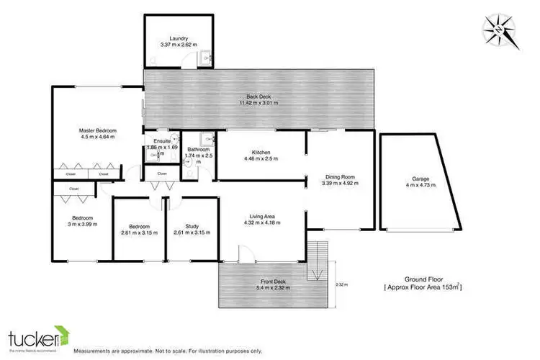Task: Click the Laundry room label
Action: click(x=179, y=38)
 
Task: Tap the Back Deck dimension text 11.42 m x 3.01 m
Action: click(x=259, y=103)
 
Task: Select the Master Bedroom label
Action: click(x=96, y=130)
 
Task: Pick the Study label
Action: click(x=191, y=225)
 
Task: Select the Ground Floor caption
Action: click(x=422, y=278)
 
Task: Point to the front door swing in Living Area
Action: click(x=246, y=252)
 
